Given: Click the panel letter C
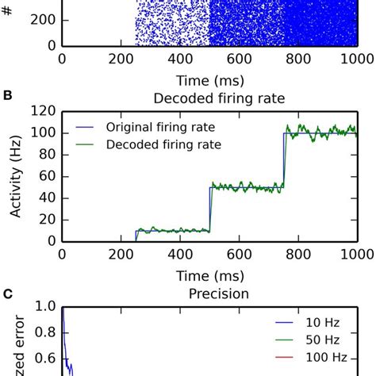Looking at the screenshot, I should (x=7, y=293).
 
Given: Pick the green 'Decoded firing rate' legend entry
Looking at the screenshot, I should (x=155, y=144).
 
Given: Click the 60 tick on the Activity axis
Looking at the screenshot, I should (x=46, y=177).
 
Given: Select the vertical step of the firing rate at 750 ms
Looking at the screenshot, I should (x=282, y=159).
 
